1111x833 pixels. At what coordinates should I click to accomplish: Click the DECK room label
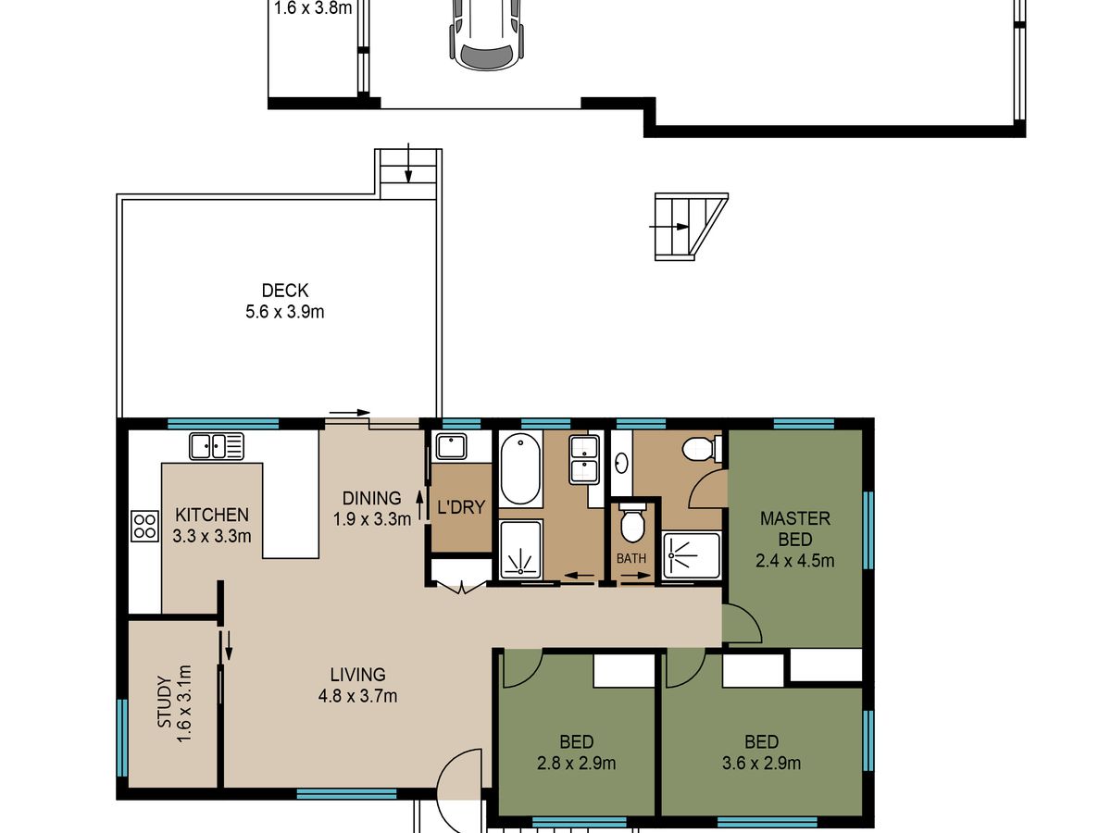(x=285, y=291)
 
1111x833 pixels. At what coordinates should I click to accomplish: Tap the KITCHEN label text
(x=212, y=515)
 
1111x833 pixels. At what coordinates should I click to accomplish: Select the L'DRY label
(x=461, y=507)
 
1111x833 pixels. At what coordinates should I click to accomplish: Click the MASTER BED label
(x=795, y=529)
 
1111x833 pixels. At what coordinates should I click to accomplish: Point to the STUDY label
(x=165, y=702)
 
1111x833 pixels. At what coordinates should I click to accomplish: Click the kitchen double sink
(x=217, y=447)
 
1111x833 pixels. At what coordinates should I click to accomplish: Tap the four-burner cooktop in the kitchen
(x=144, y=526)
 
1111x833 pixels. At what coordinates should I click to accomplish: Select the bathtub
(x=520, y=469)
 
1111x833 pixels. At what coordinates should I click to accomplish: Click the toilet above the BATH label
(x=632, y=522)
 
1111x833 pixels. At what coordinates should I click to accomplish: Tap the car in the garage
(x=487, y=33)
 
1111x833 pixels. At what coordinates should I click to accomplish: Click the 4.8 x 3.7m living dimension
(x=357, y=696)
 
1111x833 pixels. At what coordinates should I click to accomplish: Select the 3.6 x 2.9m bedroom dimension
(x=761, y=764)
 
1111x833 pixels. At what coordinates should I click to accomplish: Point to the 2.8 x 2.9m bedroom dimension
(x=576, y=764)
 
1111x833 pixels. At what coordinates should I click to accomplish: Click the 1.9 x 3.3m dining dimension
(x=372, y=519)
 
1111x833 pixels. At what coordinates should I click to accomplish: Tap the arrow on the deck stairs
(x=408, y=163)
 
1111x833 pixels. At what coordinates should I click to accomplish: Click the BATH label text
(x=631, y=558)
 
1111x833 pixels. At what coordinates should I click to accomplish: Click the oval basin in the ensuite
(x=621, y=462)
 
